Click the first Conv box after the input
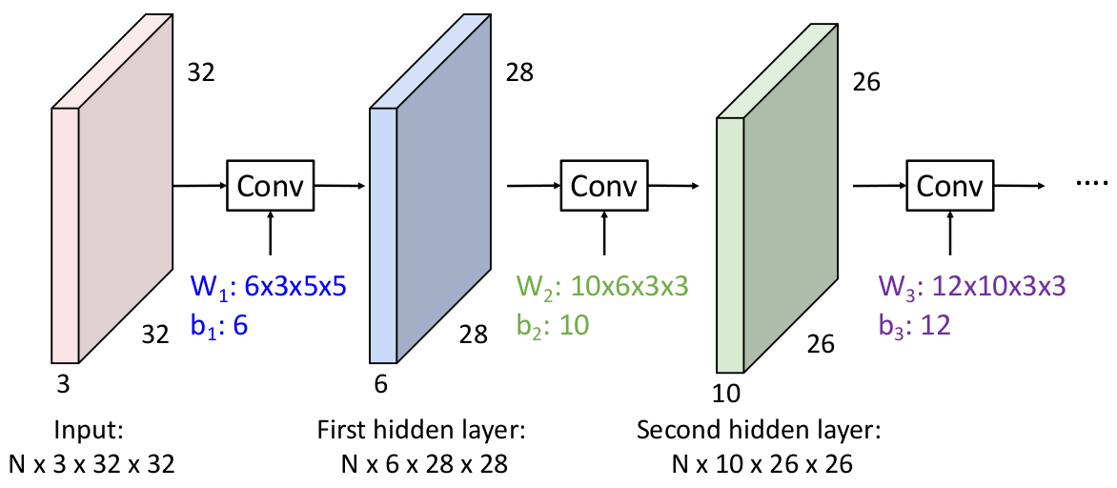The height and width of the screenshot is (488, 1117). tap(271, 186)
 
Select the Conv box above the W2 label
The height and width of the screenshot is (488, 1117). tap(604, 186)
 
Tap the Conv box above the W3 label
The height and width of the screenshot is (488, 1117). tap(949, 186)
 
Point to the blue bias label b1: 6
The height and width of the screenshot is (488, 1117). tap(218, 325)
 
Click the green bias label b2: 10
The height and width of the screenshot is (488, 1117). tap(553, 325)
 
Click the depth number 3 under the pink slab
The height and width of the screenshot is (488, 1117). tap(63, 385)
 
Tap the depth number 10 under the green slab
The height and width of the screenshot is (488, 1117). tap(726, 392)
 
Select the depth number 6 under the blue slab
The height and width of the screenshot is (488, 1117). tap(381, 385)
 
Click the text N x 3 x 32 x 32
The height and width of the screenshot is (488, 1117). tap(91, 464)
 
